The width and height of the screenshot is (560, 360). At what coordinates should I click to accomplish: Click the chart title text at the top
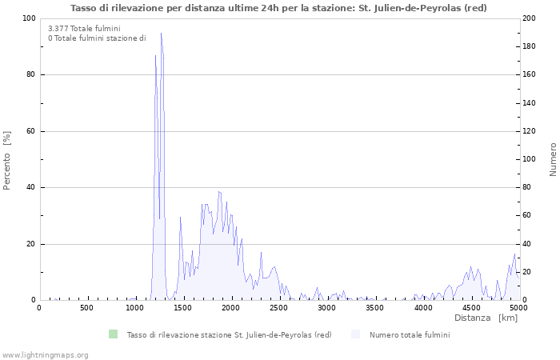[278, 8]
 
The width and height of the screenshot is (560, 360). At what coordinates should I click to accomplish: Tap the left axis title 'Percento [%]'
[7, 159]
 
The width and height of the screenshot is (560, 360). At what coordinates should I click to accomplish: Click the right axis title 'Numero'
[553, 159]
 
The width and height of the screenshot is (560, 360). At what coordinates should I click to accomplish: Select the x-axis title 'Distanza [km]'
[486, 318]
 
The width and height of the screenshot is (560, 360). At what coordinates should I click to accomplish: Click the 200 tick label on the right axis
[530, 18]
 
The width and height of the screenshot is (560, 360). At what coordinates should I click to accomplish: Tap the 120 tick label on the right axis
[530, 131]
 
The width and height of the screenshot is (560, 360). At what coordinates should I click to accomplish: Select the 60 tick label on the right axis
[528, 216]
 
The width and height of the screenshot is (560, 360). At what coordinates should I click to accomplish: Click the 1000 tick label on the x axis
[135, 308]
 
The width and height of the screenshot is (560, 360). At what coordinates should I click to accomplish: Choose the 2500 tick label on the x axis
[279, 308]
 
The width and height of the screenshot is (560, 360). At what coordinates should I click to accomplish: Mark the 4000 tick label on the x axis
[423, 308]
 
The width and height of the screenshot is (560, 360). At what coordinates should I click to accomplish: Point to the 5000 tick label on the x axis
[518, 308]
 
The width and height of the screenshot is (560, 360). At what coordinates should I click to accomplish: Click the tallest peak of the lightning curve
[161, 34]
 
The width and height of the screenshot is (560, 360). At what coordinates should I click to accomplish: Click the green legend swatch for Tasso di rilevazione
[113, 334]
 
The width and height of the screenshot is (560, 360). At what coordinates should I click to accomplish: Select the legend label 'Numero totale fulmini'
[409, 335]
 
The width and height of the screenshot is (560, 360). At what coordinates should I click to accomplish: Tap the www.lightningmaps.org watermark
[45, 354]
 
